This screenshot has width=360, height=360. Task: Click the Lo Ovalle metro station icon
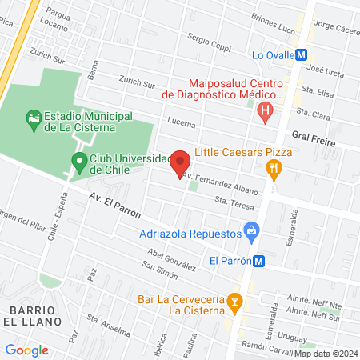point(302,55)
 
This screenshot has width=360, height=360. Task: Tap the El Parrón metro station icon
point(259,260)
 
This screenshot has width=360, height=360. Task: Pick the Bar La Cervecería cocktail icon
point(234,301)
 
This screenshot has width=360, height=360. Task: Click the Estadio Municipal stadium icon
point(33,120)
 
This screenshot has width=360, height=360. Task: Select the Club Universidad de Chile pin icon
point(79,162)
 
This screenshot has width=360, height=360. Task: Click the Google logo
point(26,350)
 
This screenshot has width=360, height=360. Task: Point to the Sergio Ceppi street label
point(209,41)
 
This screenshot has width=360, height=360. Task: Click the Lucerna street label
point(182,122)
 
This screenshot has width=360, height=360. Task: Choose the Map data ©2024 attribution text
point(326,353)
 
